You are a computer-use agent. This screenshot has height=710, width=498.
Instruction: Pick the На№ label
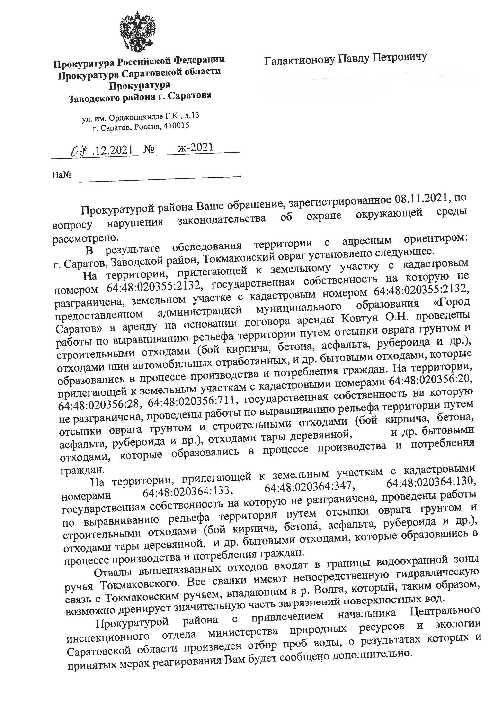(x=62, y=175)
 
